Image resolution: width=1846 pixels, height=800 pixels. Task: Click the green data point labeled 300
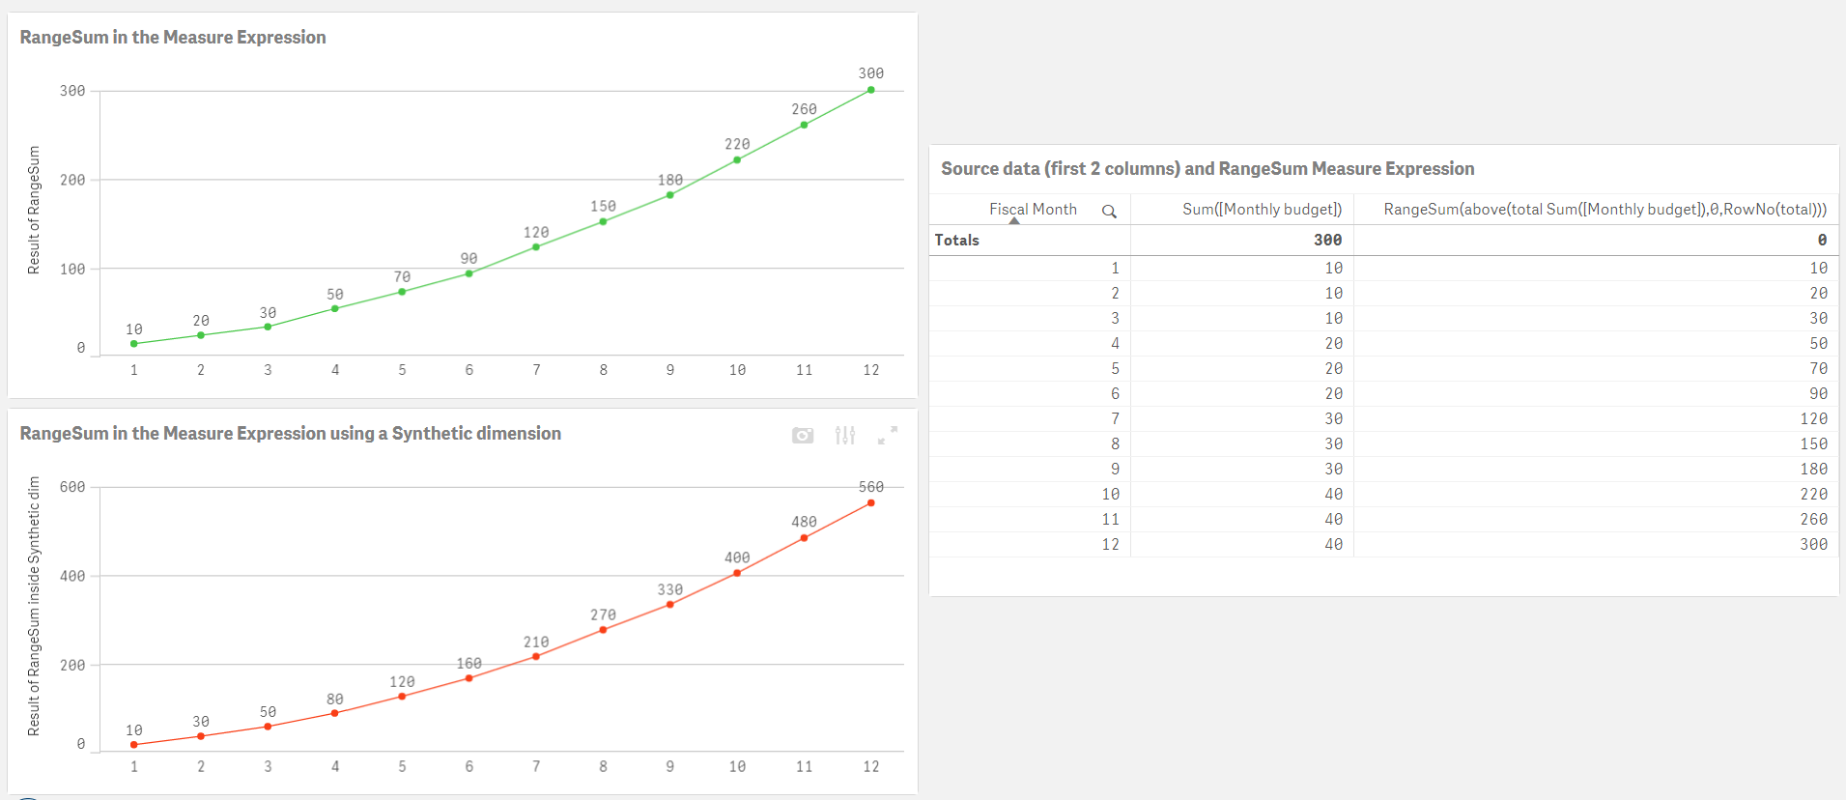pos(871,90)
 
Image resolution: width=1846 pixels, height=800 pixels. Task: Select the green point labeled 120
pos(536,246)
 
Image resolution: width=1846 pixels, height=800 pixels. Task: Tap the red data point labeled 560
pos(871,502)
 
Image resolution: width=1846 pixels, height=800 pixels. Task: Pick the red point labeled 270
pos(603,630)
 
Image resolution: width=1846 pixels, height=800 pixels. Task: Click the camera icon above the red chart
pos(803,436)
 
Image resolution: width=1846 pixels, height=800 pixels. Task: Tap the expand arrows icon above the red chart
pos(888,436)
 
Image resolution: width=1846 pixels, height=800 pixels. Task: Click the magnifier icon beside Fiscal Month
pos(1109,211)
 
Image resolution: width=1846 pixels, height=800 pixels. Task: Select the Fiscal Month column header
pos(1033,209)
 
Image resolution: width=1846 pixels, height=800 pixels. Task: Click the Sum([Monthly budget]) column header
pos(1262,209)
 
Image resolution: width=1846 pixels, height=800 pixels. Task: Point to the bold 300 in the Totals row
pos(1327,240)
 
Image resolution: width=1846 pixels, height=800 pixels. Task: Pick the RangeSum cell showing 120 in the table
pos(1813,418)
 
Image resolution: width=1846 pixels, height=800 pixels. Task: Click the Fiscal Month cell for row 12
pos(1111,544)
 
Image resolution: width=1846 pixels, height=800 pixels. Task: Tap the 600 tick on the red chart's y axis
pos(72,487)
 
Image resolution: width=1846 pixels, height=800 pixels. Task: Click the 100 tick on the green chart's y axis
pos(72,269)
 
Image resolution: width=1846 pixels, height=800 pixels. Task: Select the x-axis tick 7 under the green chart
pos(536,370)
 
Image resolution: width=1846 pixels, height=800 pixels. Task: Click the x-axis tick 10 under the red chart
pos(737,766)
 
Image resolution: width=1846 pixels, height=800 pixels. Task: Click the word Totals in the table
pos(957,240)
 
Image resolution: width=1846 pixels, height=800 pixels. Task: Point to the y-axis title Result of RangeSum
pos(34,210)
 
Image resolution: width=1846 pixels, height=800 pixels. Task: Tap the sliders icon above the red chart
pos(845,436)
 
